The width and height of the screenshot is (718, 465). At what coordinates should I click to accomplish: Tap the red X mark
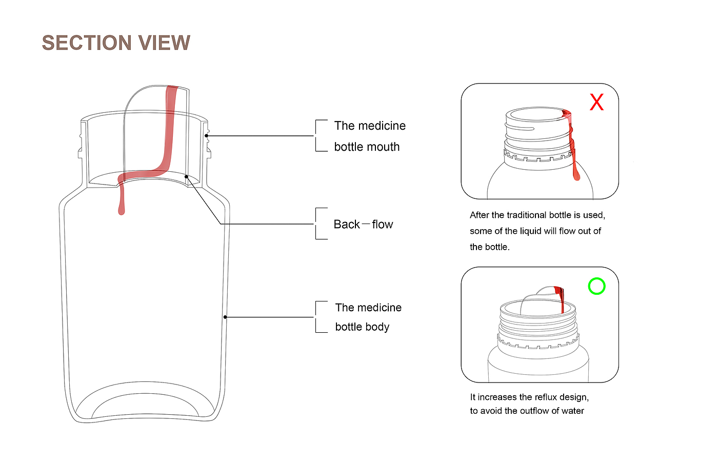tap(596, 102)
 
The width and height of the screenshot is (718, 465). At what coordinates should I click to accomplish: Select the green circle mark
tap(596, 286)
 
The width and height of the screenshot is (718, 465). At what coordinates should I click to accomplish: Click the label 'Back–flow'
tap(363, 225)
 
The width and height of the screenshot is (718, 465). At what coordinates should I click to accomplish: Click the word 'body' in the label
tap(377, 327)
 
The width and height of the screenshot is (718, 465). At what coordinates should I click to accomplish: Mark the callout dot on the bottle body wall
tap(225, 317)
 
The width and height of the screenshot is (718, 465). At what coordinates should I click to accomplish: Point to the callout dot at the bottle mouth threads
tap(207, 136)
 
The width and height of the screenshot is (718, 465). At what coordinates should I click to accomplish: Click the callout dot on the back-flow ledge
tap(187, 177)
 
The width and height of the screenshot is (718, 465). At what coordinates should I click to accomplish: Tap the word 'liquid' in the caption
tap(531, 231)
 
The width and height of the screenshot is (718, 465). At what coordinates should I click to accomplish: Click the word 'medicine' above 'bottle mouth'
tap(381, 126)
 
